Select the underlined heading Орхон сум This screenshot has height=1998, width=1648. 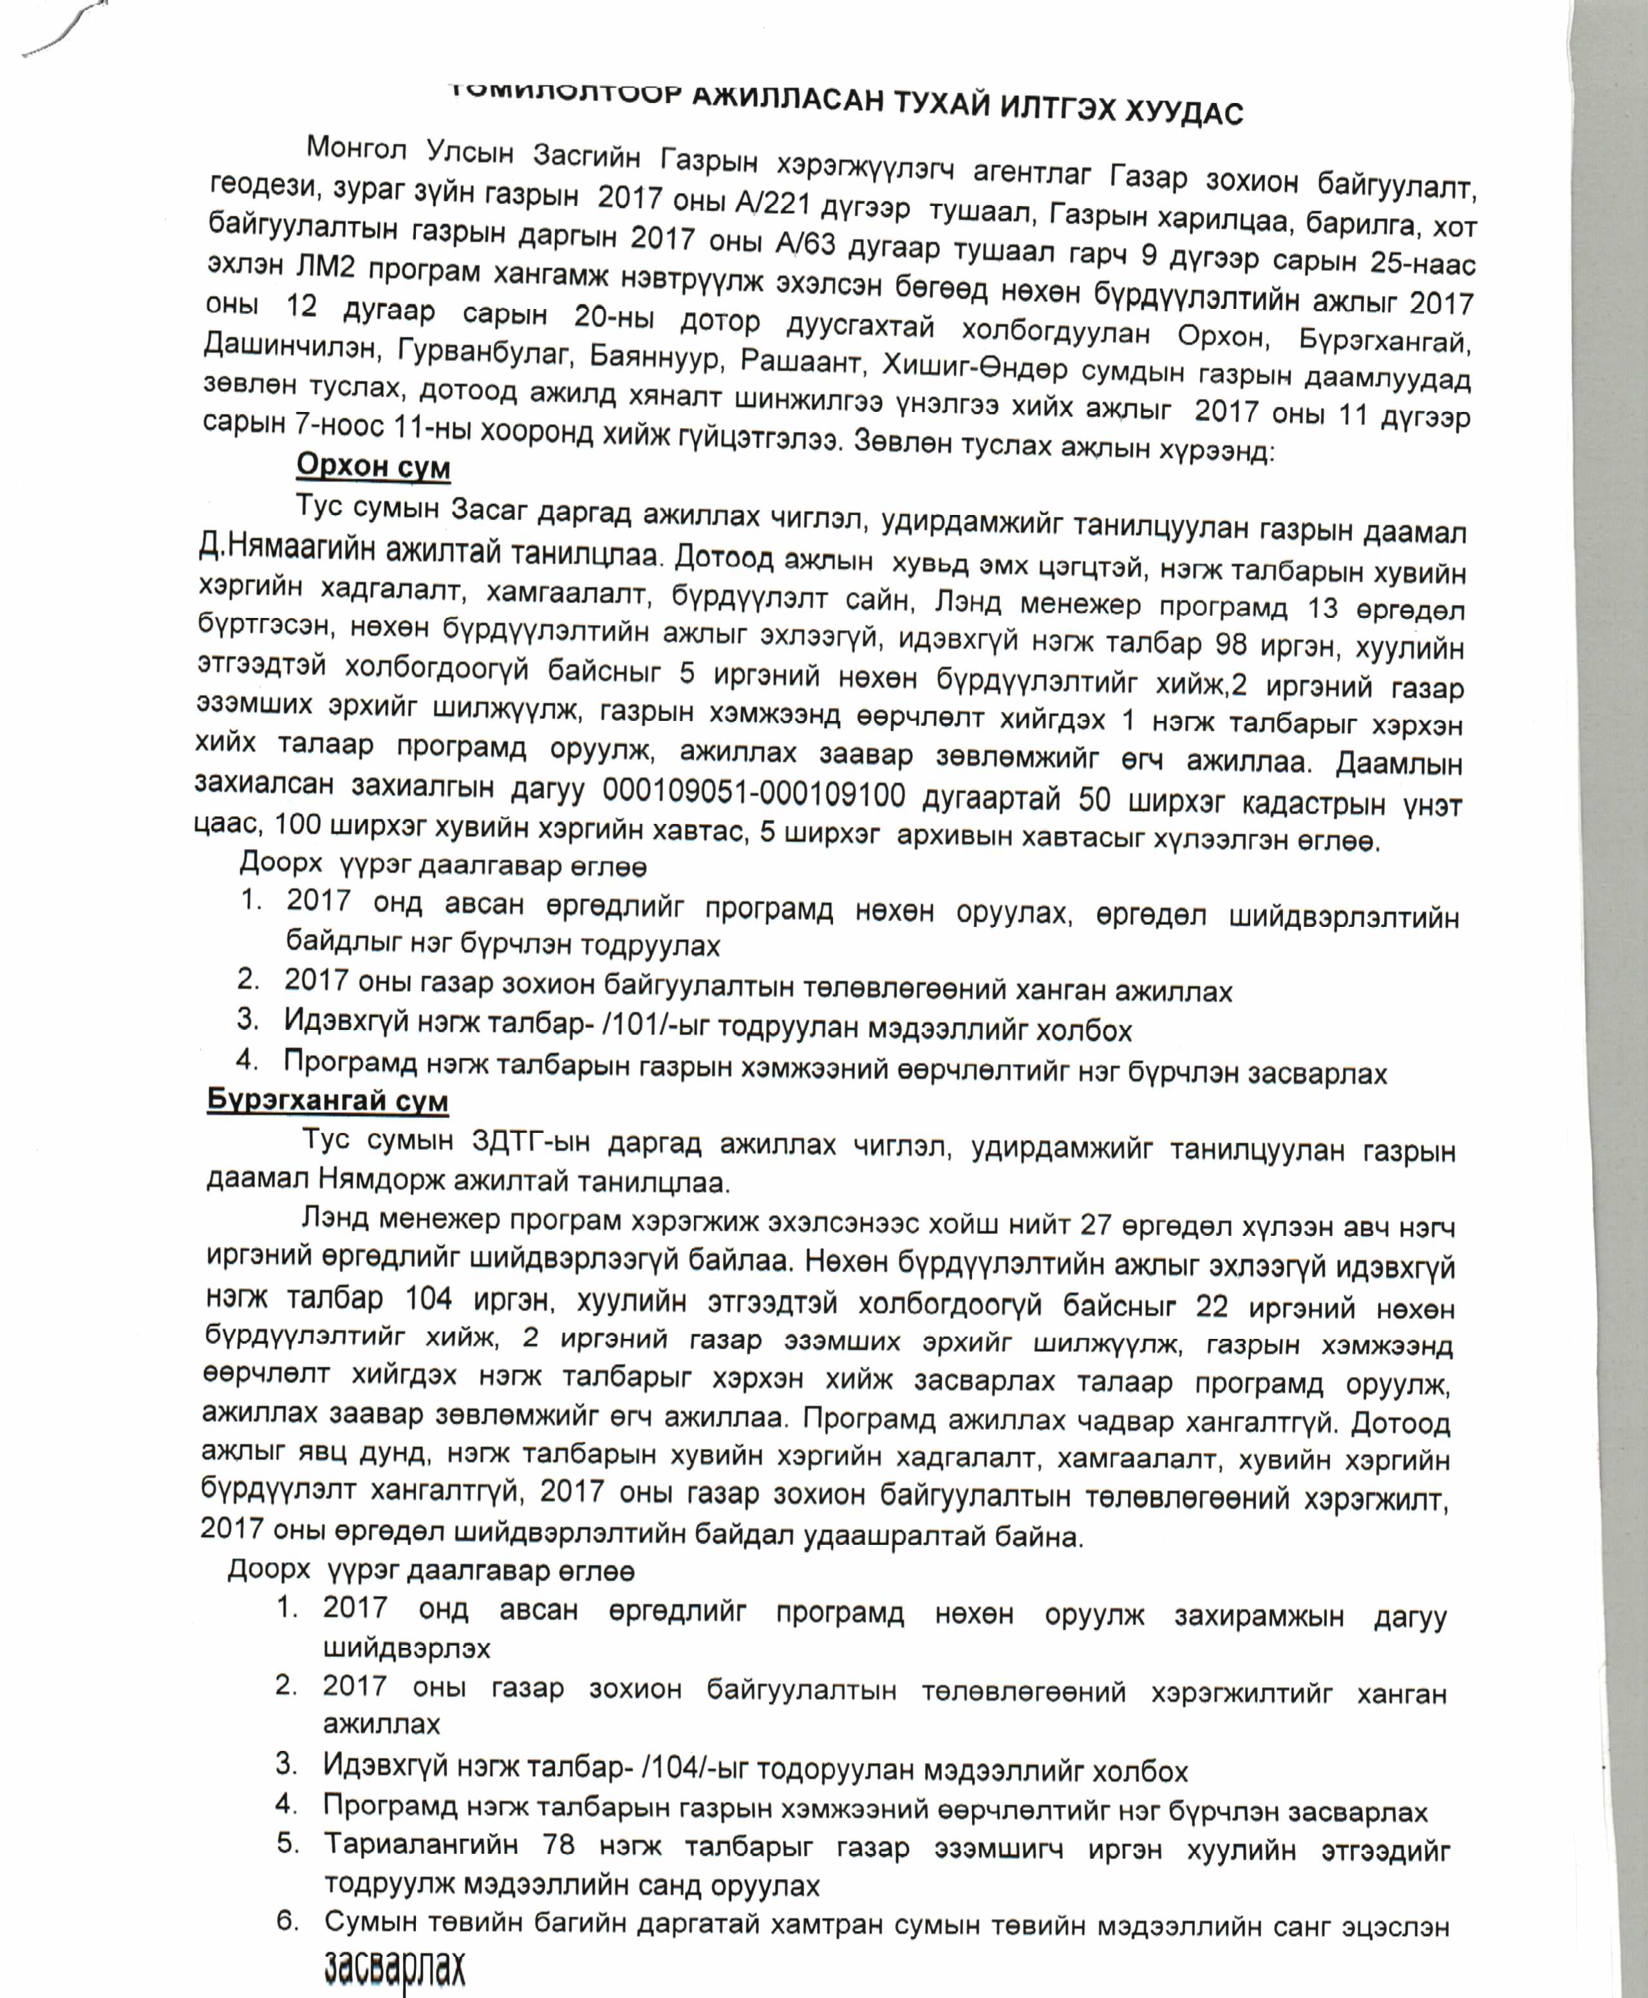tap(373, 466)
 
